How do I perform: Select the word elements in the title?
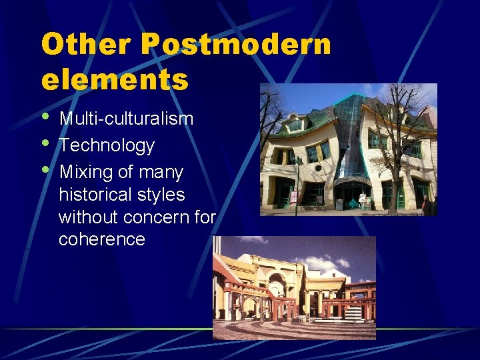coord(115,79)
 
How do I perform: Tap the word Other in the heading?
coord(86,45)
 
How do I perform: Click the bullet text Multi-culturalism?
coord(127,119)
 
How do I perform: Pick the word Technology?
coord(107,145)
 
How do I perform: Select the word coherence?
coord(102,239)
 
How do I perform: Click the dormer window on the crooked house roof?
coord(295,124)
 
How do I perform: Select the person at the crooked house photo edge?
coord(425,204)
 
